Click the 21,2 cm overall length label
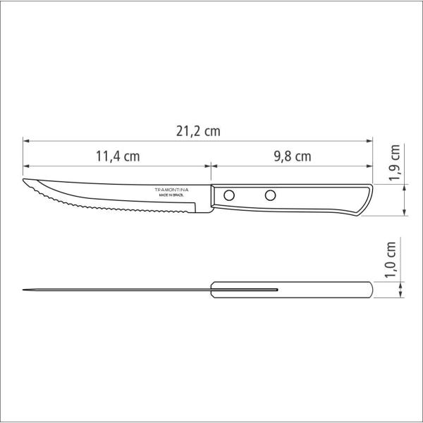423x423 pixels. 198,131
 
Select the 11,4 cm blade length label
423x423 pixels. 118,157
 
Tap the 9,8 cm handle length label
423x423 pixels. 293,157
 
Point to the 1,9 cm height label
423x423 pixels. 394,162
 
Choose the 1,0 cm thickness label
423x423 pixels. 391,259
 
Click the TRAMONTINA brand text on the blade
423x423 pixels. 171,190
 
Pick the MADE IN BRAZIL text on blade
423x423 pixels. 171,195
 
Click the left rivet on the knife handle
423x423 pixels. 229,195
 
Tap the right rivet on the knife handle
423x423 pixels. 270,195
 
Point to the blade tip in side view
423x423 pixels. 23,179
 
